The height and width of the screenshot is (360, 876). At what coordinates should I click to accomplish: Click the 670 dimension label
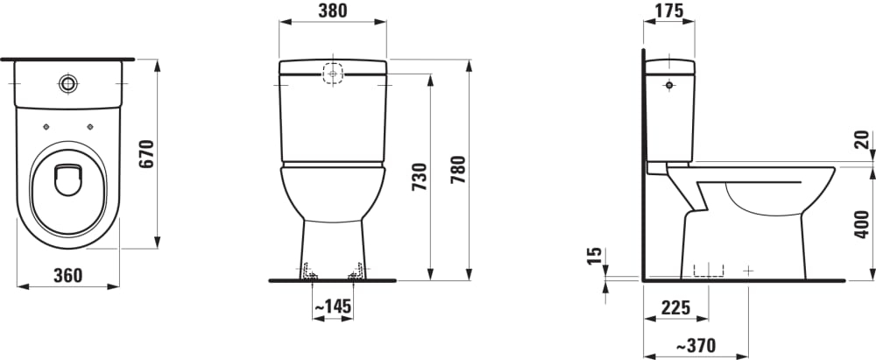(x=146, y=154)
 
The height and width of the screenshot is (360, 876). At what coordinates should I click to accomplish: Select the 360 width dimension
(x=68, y=276)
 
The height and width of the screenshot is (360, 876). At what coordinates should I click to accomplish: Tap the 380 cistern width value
(x=332, y=11)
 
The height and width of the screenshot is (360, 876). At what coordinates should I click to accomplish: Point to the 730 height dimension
(x=420, y=177)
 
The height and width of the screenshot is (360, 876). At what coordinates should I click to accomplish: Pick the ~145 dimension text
(x=332, y=307)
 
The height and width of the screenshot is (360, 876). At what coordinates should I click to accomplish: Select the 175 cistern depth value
(x=668, y=11)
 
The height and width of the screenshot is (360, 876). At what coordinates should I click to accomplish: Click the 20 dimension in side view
(x=862, y=140)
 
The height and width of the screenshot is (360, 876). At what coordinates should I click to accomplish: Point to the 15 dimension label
(x=596, y=256)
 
